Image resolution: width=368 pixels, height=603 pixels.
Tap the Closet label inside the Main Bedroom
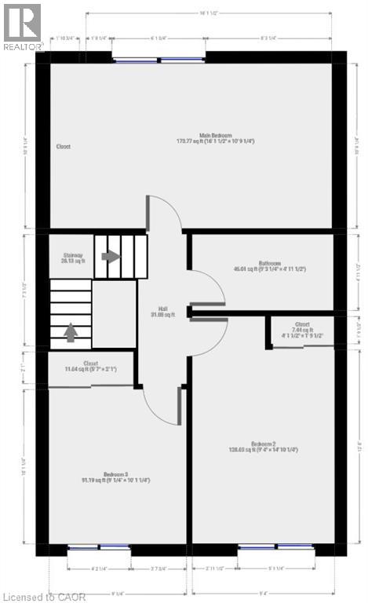click(x=64, y=146)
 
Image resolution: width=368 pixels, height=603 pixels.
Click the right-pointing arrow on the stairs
click(x=111, y=256)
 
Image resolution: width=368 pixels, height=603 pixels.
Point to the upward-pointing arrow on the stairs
click(x=71, y=333)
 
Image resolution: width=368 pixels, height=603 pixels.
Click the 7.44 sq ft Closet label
click(x=302, y=330)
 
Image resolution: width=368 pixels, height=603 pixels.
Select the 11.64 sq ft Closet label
click(x=90, y=366)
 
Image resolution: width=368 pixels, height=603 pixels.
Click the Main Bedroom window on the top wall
click(x=159, y=60)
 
